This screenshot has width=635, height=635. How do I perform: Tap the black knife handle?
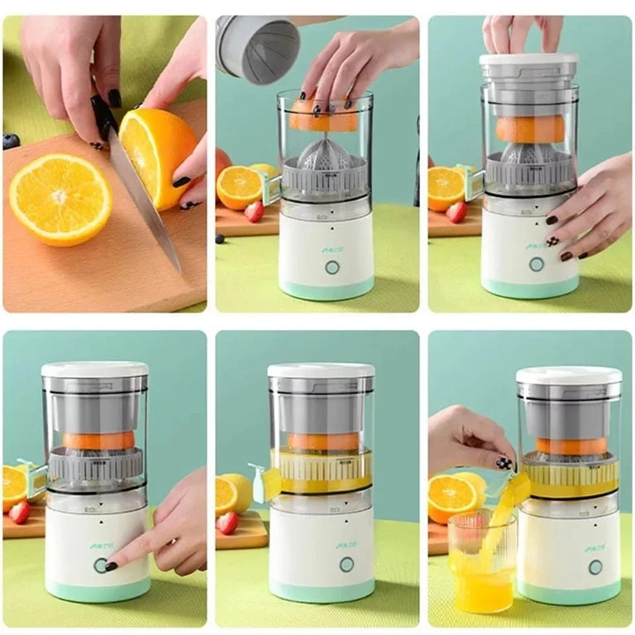point(103,116)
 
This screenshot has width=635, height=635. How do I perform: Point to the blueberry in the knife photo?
point(11,141)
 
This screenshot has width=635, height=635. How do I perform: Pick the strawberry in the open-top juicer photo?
point(255,212)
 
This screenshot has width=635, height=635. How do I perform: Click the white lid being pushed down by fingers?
point(529,61)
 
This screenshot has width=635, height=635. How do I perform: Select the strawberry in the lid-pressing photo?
point(456,212)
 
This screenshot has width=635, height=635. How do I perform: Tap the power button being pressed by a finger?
point(101,565)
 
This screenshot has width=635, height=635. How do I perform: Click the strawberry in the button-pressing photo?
point(19,512)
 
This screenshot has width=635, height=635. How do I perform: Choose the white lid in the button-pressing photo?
point(94,370)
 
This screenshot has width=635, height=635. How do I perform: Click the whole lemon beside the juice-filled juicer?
point(236,490)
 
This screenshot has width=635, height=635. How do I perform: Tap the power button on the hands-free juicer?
point(346,564)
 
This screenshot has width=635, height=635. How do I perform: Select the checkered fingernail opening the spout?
point(504,463)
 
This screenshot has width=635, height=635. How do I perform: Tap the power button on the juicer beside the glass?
point(595,566)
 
